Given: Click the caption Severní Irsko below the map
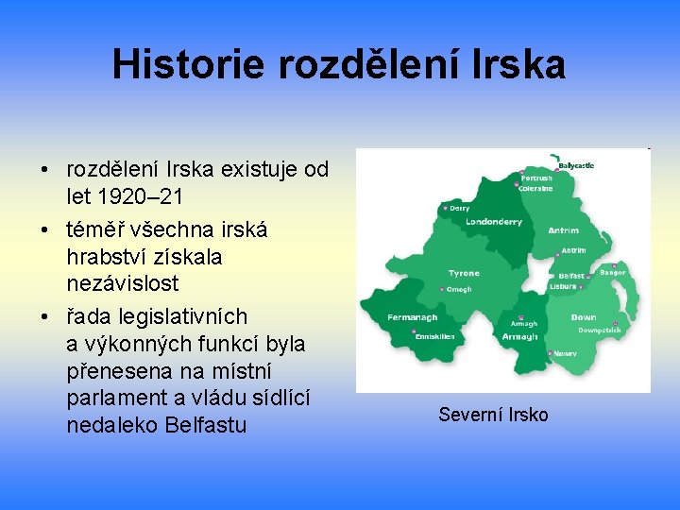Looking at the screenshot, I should pyautogui.click(x=493, y=415).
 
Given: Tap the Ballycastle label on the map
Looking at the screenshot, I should pyautogui.click(x=576, y=165).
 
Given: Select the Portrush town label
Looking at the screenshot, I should pyautogui.click(x=536, y=178).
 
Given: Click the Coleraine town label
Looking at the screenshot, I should pyautogui.click(x=535, y=188).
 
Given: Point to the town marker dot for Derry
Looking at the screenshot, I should pyautogui.click(x=445, y=208).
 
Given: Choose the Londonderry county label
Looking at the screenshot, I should pyautogui.click(x=493, y=222).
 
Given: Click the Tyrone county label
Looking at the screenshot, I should pyautogui.click(x=464, y=273).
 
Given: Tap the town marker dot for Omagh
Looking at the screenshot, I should pyautogui.click(x=444, y=290).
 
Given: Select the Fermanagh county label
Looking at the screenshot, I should pyautogui.click(x=413, y=317).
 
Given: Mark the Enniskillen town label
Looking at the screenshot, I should pyautogui.click(x=434, y=336).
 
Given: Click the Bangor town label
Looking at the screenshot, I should pyautogui.click(x=613, y=273).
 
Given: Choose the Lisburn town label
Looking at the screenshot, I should pyautogui.click(x=562, y=285).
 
